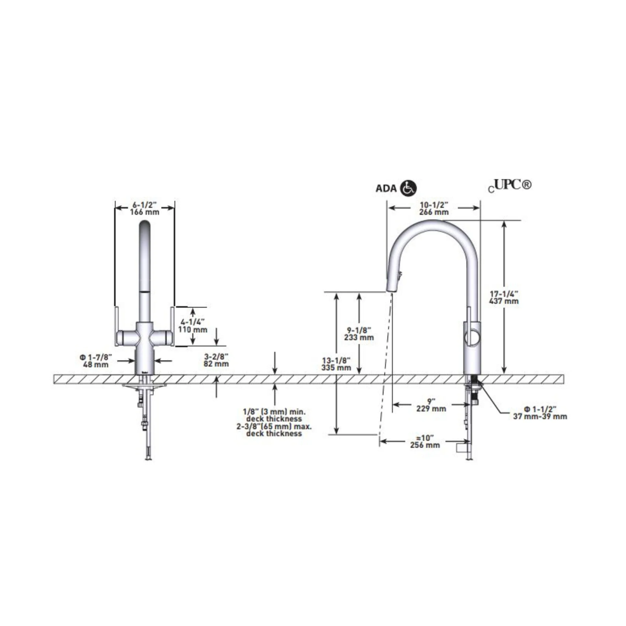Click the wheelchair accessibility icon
tap(409, 188)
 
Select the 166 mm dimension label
tap(145, 212)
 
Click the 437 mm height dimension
tap(504, 301)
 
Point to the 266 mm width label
tap(434, 212)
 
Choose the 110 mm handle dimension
tap(193, 330)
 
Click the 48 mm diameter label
tap(96, 365)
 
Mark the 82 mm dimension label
tap(216, 363)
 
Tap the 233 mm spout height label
tap(359, 337)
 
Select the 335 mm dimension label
tap(336, 368)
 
